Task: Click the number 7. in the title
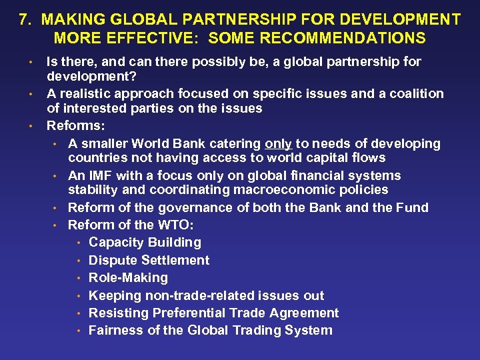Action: [26, 19]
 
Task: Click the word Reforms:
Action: [75, 125]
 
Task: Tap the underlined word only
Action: [278, 143]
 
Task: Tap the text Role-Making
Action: [128, 277]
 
